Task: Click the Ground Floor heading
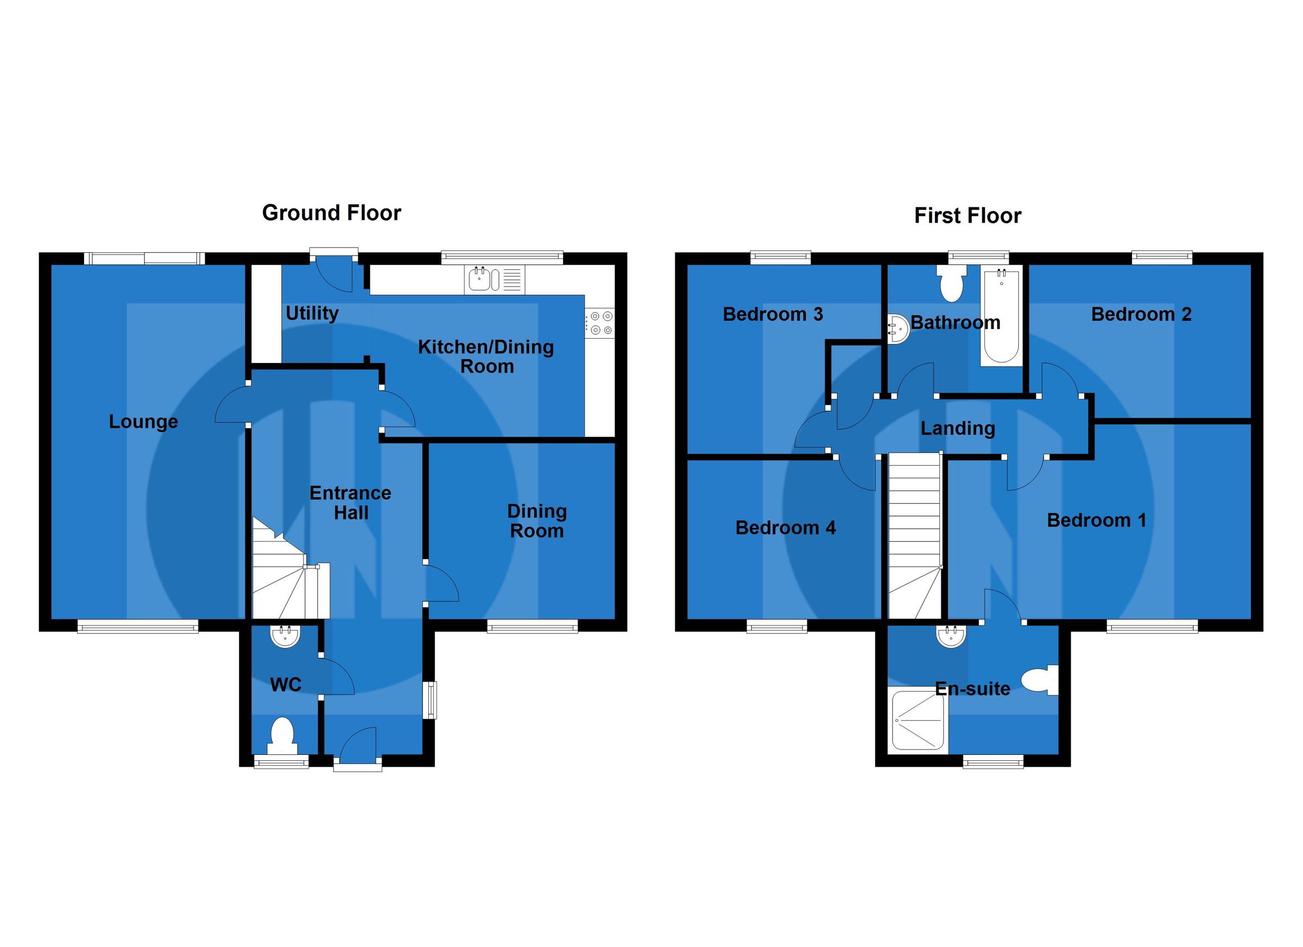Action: click(332, 213)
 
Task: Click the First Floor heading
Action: click(967, 216)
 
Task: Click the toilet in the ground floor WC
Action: click(282, 737)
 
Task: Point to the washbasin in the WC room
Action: click(286, 637)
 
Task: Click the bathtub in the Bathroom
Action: click(1001, 316)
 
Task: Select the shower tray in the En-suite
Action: click(918, 721)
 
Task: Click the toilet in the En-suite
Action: click(1040, 681)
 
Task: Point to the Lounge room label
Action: click(144, 422)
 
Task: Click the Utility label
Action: click(312, 314)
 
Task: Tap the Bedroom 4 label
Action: click(786, 528)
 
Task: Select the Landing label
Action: click(958, 428)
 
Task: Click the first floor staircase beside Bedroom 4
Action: click(915, 534)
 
